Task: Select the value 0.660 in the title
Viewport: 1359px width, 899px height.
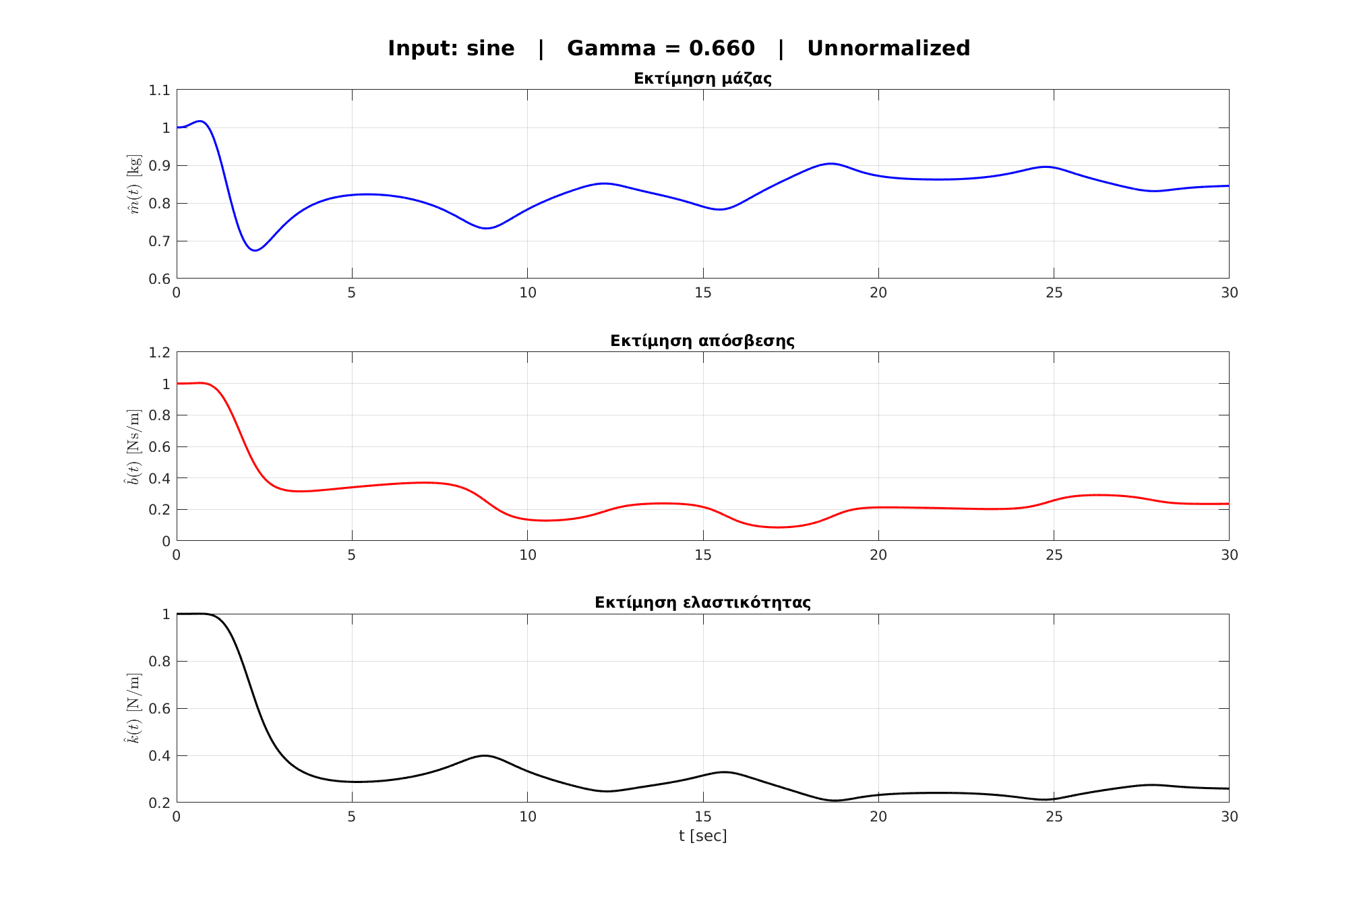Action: [721, 49]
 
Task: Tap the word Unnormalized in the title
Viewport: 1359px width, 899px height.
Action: [888, 49]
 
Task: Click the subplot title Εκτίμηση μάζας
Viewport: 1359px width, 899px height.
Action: [702, 78]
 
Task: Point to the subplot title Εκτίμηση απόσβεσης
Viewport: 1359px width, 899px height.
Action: [702, 341]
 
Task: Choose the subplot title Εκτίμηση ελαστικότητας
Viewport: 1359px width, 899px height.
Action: [702, 602]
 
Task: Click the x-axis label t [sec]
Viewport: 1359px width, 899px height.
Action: [702, 836]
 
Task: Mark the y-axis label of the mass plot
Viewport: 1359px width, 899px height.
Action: [135, 184]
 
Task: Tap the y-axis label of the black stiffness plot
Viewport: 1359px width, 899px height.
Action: [135, 708]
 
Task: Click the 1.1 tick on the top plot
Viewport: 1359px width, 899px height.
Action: [159, 90]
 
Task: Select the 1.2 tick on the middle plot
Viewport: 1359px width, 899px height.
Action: [159, 352]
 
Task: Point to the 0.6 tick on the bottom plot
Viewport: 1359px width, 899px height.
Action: [159, 709]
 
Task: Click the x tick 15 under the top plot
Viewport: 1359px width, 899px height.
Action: [702, 293]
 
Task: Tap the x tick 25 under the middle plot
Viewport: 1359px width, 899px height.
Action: [1054, 555]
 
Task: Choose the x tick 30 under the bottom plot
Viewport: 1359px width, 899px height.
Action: [1229, 817]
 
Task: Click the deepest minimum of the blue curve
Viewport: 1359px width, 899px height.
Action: [255, 250]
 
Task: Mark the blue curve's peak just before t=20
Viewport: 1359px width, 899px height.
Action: [831, 163]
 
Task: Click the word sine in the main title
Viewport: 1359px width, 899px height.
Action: [491, 49]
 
